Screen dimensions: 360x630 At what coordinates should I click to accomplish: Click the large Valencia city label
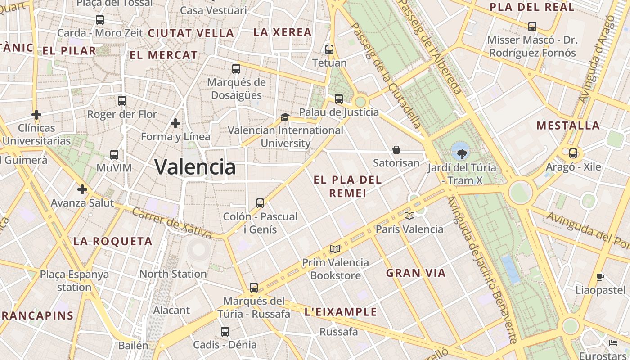pyautogui.click(x=195, y=167)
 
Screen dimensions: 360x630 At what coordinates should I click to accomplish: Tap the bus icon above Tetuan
pyautogui.click(x=329, y=49)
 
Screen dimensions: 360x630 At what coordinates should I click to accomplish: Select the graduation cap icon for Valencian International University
pyautogui.click(x=285, y=117)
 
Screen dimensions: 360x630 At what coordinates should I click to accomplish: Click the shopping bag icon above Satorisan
pyautogui.click(x=396, y=150)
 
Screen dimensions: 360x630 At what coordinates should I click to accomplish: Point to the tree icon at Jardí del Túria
pyautogui.click(x=461, y=154)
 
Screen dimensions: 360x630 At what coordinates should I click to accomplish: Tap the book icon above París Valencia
pyautogui.click(x=409, y=216)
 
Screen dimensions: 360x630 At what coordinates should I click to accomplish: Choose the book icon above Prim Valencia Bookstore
pyautogui.click(x=335, y=249)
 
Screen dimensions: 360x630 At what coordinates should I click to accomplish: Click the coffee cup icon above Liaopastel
pyautogui.click(x=600, y=277)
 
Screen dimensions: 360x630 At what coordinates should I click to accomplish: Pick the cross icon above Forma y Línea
pyautogui.click(x=175, y=123)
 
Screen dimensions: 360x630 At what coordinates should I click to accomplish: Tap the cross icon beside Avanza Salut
pyautogui.click(x=82, y=189)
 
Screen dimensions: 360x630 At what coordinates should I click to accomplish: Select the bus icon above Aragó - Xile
pyautogui.click(x=573, y=153)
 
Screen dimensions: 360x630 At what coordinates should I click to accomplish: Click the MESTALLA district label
pyautogui.click(x=568, y=126)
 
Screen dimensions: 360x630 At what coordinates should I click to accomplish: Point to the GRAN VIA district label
pyautogui.click(x=416, y=273)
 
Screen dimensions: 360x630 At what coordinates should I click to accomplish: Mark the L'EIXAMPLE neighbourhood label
pyautogui.click(x=341, y=312)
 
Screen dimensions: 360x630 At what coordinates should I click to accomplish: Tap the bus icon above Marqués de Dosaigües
pyautogui.click(x=236, y=69)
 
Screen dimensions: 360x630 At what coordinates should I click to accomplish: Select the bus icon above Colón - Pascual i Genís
pyautogui.click(x=260, y=203)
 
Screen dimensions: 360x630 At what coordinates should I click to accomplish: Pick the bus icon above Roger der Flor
pyautogui.click(x=122, y=101)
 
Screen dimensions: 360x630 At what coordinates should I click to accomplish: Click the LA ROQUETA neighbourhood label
pyautogui.click(x=113, y=241)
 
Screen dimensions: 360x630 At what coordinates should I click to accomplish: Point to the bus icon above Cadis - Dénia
pyautogui.click(x=225, y=332)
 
